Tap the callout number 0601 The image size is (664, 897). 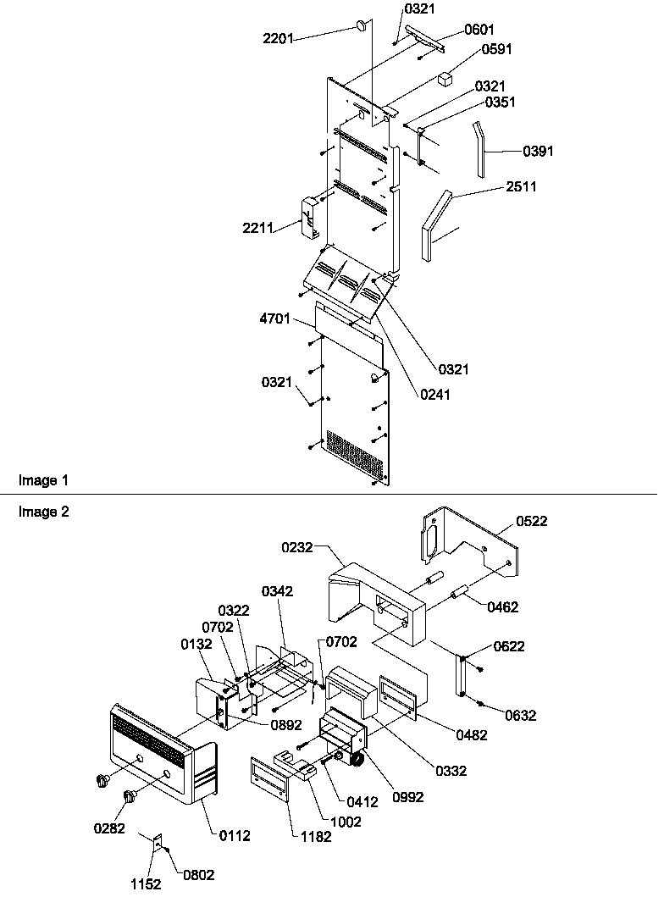pyautogui.click(x=480, y=30)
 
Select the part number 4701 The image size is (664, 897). pyautogui.click(x=275, y=319)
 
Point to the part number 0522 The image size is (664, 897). pyautogui.click(x=531, y=521)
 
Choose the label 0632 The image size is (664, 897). pyautogui.click(x=521, y=716)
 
